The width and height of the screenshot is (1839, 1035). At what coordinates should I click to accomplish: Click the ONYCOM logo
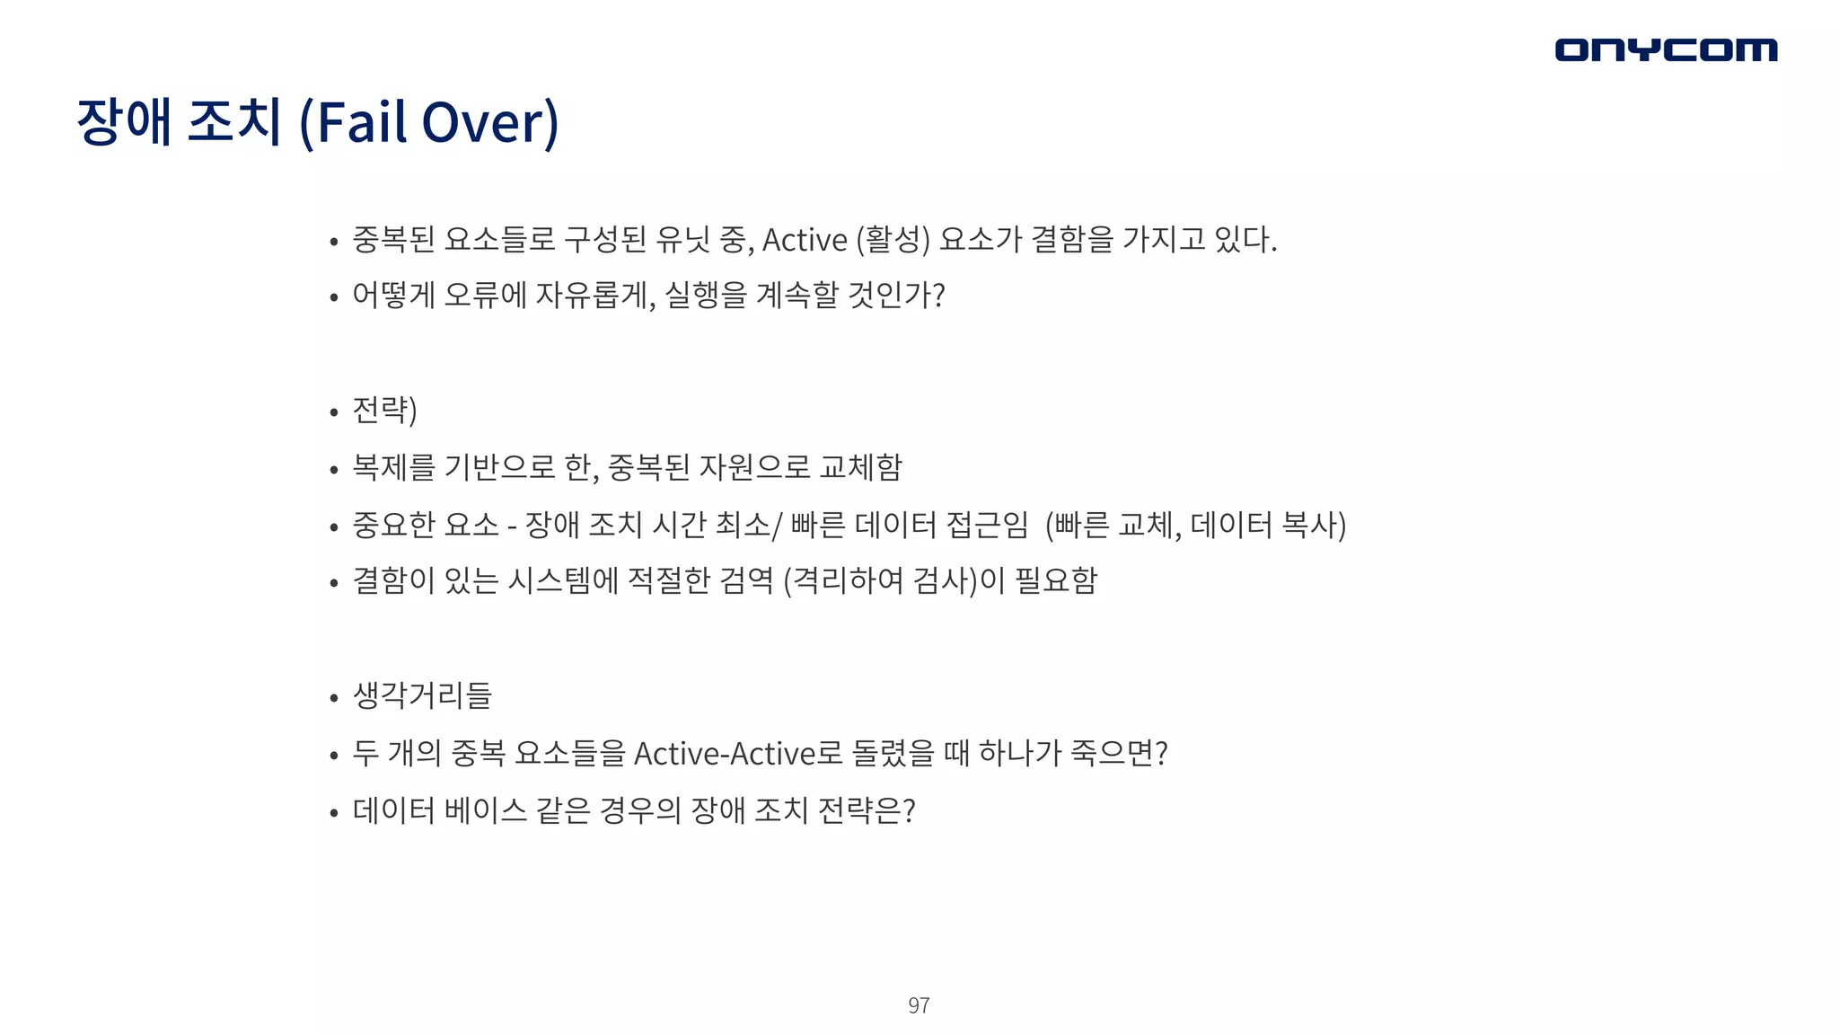pyautogui.click(x=1666, y=50)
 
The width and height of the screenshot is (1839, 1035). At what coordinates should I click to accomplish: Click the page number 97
pyautogui.click(x=919, y=1005)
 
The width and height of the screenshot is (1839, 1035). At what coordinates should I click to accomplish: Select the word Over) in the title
pyautogui.click(x=490, y=122)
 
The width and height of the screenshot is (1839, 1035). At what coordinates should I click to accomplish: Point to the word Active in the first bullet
pyautogui.click(x=805, y=240)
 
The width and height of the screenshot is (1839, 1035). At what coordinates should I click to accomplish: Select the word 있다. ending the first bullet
pyautogui.click(x=1245, y=240)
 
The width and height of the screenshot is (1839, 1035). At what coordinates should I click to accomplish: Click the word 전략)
pyautogui.click(x=385, y=411)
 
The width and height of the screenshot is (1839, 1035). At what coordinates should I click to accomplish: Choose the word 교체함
pyautogui.click(x=861, y=467)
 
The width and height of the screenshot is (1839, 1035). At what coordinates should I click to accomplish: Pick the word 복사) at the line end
pyautogui.click(x=1314, y=525)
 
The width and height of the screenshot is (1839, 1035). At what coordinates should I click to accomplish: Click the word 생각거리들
pyautogui.click(x=422, y=695)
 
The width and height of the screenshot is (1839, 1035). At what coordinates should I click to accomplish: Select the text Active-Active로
pyautogui.click(x=738, y=753)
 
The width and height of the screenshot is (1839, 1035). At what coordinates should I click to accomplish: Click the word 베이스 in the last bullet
pyautogui.click(x=485, y=810)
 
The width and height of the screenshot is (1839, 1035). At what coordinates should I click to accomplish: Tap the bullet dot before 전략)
pyautogui.click(x=334, y=412)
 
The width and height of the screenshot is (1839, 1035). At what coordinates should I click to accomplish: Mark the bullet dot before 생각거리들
pyautogui.click(x=334, y=697)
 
